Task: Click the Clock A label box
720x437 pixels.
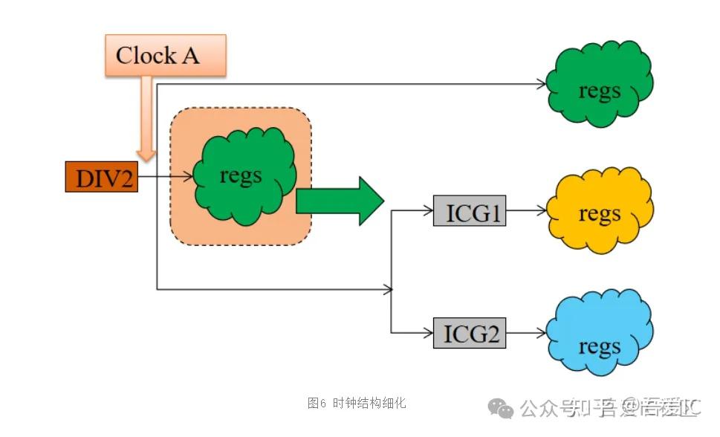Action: pos(158,56)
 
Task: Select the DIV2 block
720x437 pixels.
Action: pos(102,178)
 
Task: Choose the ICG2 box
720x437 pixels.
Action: pos(469,332)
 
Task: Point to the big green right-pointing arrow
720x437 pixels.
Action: pos(338,201)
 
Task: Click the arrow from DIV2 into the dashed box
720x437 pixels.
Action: pos(166,178)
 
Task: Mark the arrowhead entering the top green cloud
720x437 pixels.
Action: pos(541,84)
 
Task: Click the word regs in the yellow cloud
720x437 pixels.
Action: pos(599,214)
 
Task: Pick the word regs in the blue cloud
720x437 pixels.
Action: pos(599,346)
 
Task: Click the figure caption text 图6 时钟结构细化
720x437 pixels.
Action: pos(357,403)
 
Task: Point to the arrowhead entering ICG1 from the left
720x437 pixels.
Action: pos(429,211)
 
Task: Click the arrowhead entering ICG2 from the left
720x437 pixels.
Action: pos(429,332)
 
